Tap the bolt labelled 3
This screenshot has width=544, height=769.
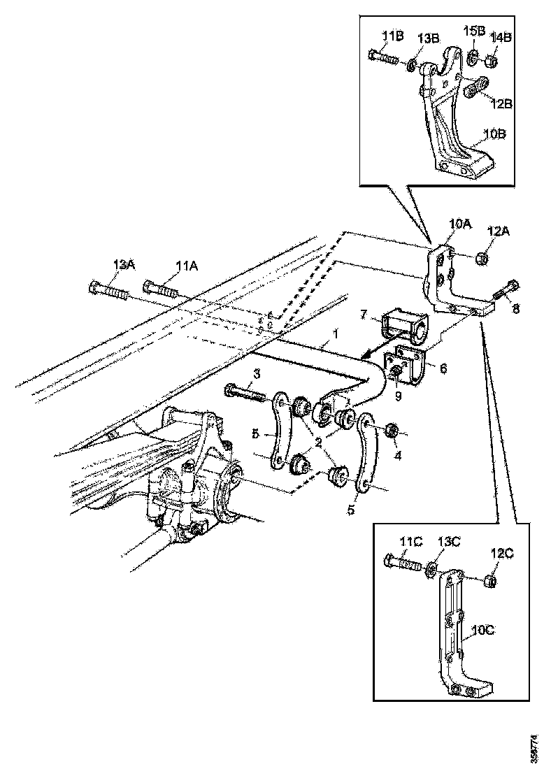(x=244, y=392)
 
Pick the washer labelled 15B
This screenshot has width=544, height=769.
(x=472, y=57)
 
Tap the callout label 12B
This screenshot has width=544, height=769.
(x=500, y=103)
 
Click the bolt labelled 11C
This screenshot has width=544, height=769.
(x=401, y=561)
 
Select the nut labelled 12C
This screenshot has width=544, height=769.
(x=492, y=580)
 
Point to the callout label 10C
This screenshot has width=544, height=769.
(x=482, y=630)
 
